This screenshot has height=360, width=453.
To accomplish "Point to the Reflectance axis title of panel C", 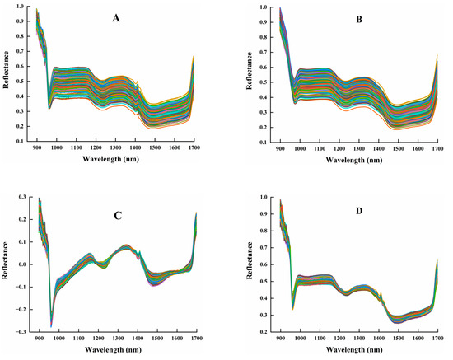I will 7,264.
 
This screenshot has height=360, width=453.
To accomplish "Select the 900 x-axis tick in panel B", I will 279,148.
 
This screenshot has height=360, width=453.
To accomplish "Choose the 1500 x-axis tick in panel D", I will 398,339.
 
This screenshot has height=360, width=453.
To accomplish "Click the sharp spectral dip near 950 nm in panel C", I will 50,325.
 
